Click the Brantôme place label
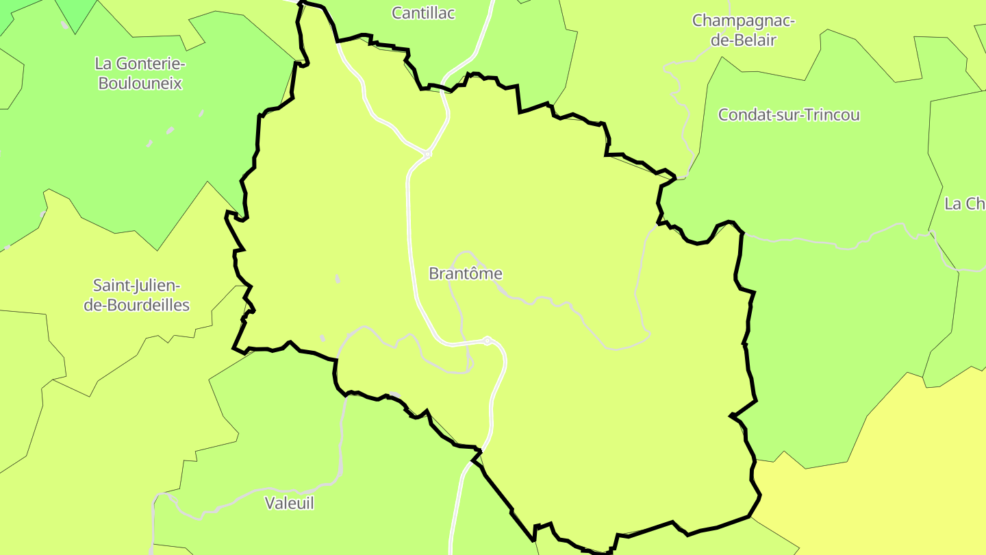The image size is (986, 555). [465, 273]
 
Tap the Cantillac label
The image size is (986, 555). [423, 13]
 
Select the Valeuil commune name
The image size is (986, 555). [289, 503]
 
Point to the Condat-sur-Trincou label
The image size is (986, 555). [788, 114]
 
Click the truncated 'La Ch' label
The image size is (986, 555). [964, 203]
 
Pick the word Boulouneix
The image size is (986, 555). [140, 84]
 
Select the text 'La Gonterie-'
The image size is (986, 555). [140, 64]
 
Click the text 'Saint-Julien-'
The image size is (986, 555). [137, 285]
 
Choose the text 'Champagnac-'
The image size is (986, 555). [744, 21]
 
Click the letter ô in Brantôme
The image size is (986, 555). [475, 273]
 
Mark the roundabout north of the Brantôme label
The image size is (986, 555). [427, 154]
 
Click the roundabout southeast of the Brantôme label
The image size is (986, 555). [487, 341]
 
